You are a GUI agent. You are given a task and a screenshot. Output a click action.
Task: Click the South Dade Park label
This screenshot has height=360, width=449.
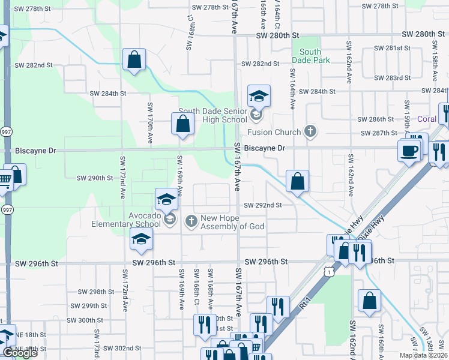pyautogui.click(x=311, y=56)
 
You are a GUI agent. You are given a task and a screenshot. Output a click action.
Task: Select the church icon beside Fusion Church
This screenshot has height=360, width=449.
pyautogui.click(x=310, y=130)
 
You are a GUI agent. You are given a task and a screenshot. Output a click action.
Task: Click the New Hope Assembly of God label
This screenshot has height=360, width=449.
pyautogui.click(x=232, y=223)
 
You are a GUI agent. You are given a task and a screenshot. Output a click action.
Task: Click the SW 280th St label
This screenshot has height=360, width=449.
pyautogui.click(x=278, y=36)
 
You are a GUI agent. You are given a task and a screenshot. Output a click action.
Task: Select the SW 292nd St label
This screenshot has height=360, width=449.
pyautogui.click(x=263, y=205)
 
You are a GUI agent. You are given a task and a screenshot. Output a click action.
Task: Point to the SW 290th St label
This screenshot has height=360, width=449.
pyautogui.click(x=95, y=178)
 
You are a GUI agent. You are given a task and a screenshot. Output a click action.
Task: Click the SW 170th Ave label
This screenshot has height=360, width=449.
pyautogui.click(x=150, y=123)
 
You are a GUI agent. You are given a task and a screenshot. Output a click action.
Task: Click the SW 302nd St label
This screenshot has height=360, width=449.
pyautogui.click(x=121, y=348)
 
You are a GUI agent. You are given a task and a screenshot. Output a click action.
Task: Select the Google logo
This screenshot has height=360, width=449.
pyautogui.click(x=20, y=353)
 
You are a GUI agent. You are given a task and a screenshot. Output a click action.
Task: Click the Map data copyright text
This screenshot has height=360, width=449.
pyautogui.click(x=423, y=355)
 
